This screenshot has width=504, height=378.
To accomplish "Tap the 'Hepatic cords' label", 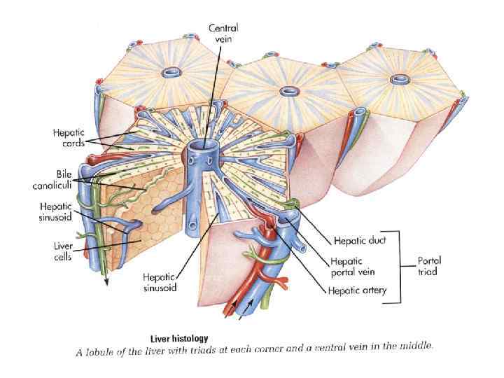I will click(x=68, y=136).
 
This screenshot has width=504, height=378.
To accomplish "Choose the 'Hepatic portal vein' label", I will click(x=353, y=267).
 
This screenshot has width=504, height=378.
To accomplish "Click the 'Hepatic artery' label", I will click(x=358, y=289).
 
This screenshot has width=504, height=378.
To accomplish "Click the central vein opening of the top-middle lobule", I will click(x=289, y=90).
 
